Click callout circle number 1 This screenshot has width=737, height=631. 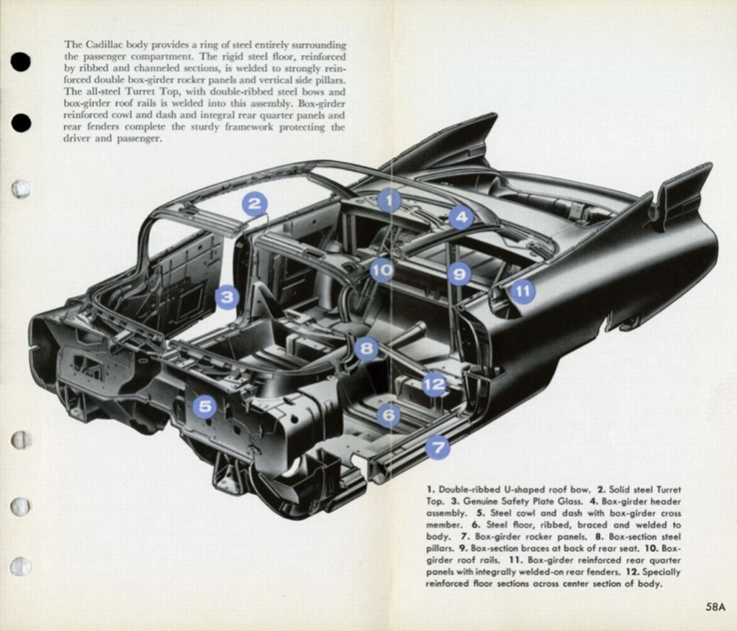click(x=389, y=200)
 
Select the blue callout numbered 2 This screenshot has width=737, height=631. click(x=254, y=204)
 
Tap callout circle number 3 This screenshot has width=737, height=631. click(x=227, y=296)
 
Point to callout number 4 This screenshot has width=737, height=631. click(x=461, y=217)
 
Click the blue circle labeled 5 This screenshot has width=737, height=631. click(x=204, y=407)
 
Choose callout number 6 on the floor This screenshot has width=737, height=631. click(x=388, y=415)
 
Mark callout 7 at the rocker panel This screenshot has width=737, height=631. click(x=438, y=448)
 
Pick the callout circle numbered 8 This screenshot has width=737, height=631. click(x=366, y=349)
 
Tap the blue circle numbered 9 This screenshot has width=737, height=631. click(x=458, y=273)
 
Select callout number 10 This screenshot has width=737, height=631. click(x=382, y=271)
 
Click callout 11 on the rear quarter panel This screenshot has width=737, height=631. click(x=523, y=291)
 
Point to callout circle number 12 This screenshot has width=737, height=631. click(x=434, y=384)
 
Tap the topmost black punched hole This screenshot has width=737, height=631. click(x=21, y=62)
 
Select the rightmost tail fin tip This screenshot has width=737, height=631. click(x=708, y=167)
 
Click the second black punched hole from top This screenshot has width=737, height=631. click(x=22, y=123)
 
